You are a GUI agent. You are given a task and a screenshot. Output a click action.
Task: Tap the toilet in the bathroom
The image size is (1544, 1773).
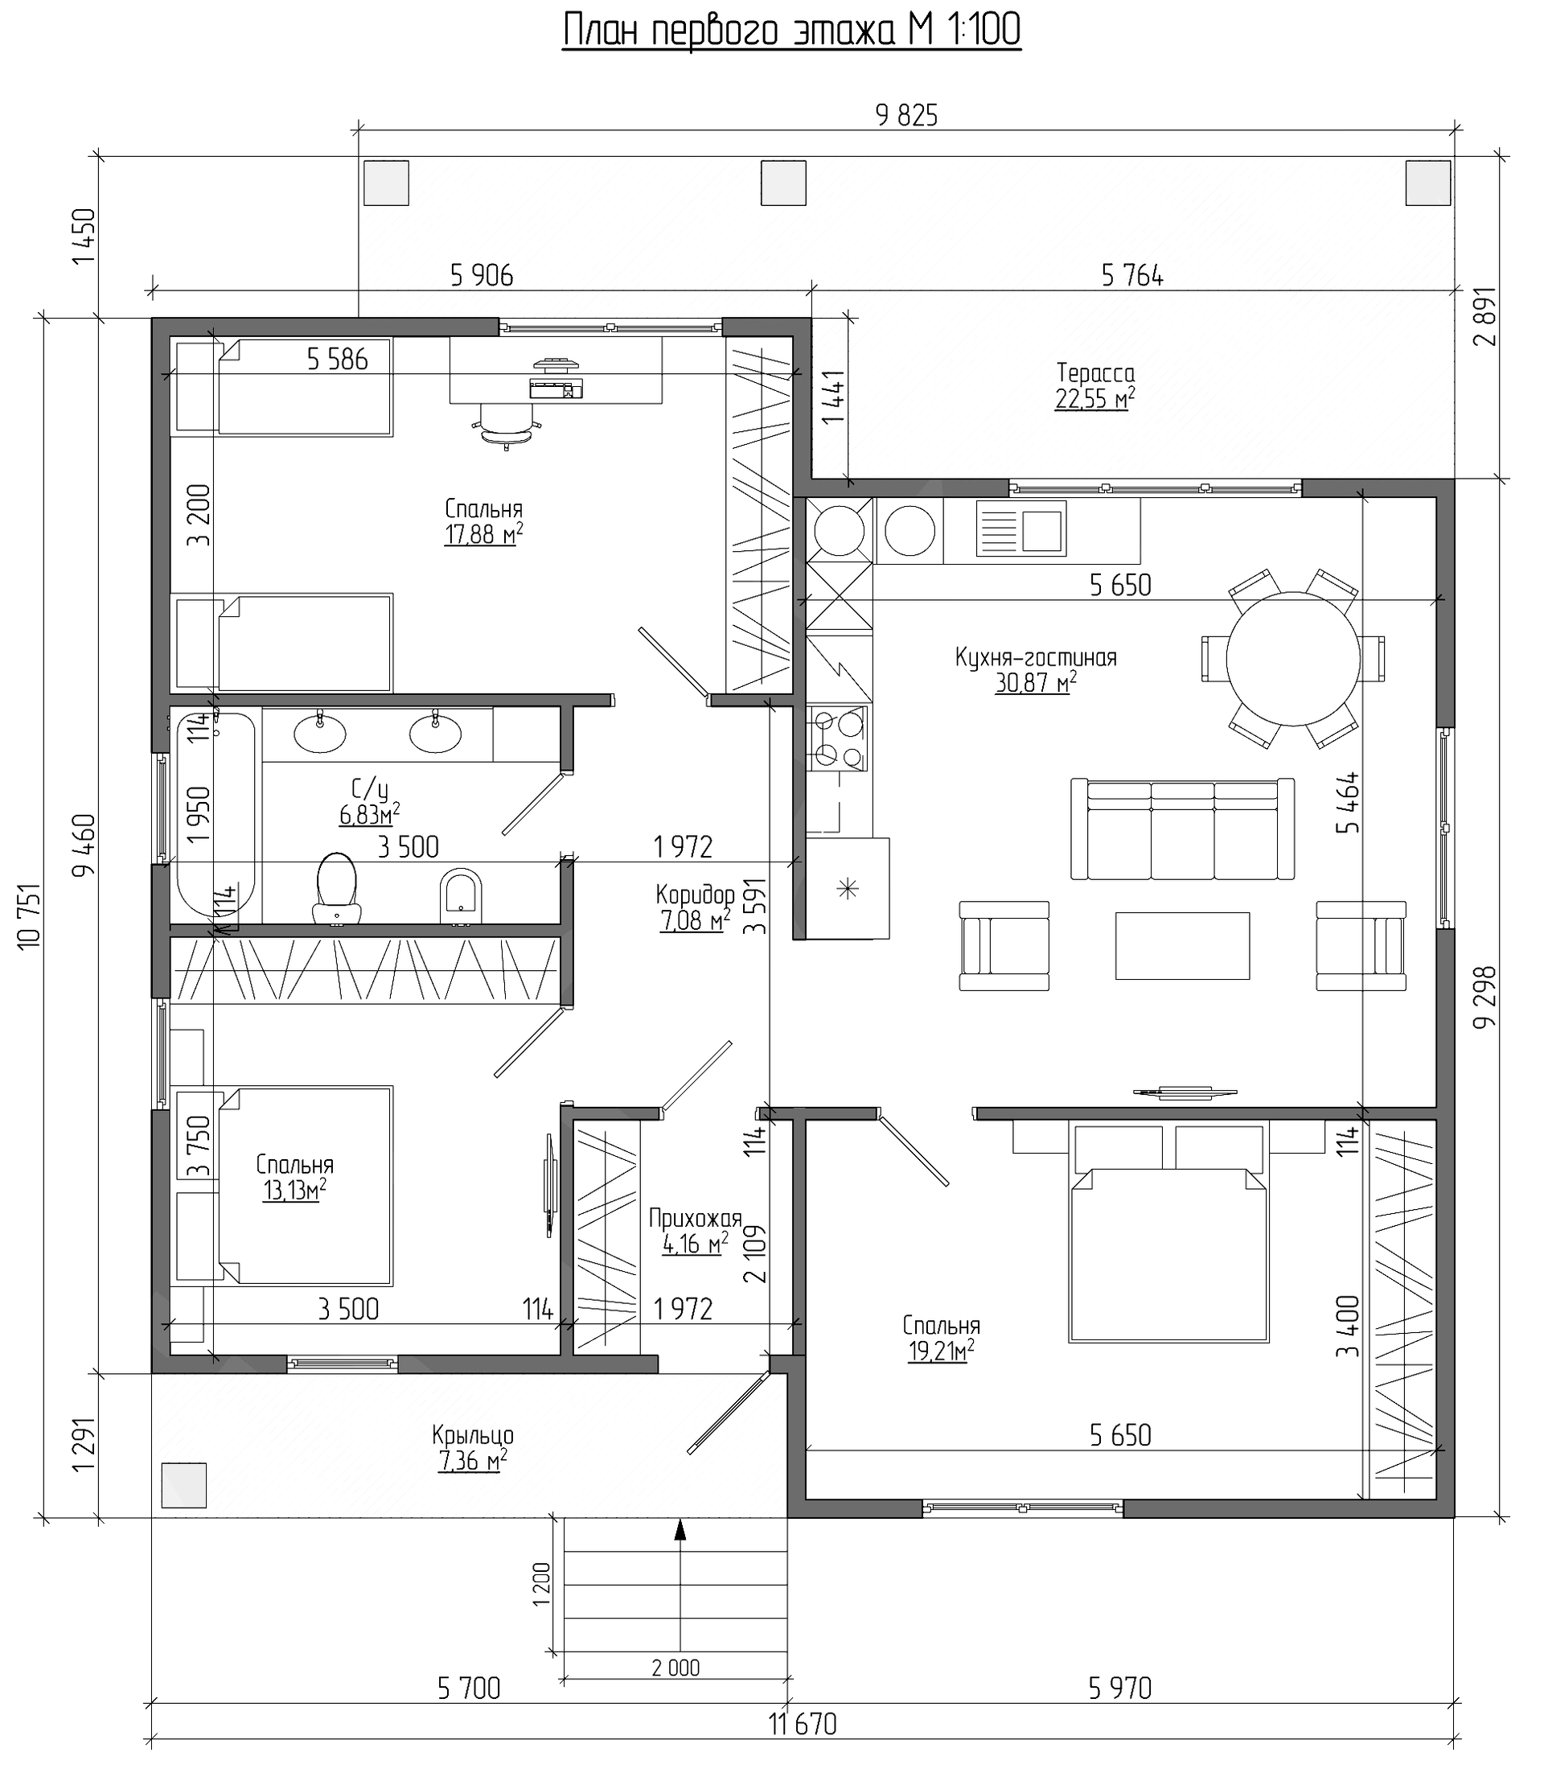click(x=338, y=889)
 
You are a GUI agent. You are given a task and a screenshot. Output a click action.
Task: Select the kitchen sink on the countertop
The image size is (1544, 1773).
click(x=1021, y=529)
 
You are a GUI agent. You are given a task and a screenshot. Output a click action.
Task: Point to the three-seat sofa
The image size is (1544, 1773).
click(x=1182, y=829)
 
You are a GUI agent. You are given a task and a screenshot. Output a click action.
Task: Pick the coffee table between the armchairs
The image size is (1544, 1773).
click(x=1182, y=945)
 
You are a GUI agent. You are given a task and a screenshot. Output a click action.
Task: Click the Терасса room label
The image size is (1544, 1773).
click(x=1095, y=373)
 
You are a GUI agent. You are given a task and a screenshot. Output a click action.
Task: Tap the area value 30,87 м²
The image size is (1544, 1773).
click(x=1036, y=684)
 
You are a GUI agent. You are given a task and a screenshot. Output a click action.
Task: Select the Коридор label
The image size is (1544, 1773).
click(x=695, y=893)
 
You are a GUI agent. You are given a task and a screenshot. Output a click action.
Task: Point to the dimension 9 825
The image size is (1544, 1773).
click(x=906, y=116)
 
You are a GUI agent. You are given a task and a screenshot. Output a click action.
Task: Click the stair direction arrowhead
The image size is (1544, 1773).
click(x=680, y=1528)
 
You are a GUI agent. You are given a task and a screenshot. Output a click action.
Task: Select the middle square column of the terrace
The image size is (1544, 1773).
click(x=783, y=183)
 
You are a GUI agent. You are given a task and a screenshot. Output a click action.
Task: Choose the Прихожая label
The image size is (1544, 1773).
click(x=696, y=1219)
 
